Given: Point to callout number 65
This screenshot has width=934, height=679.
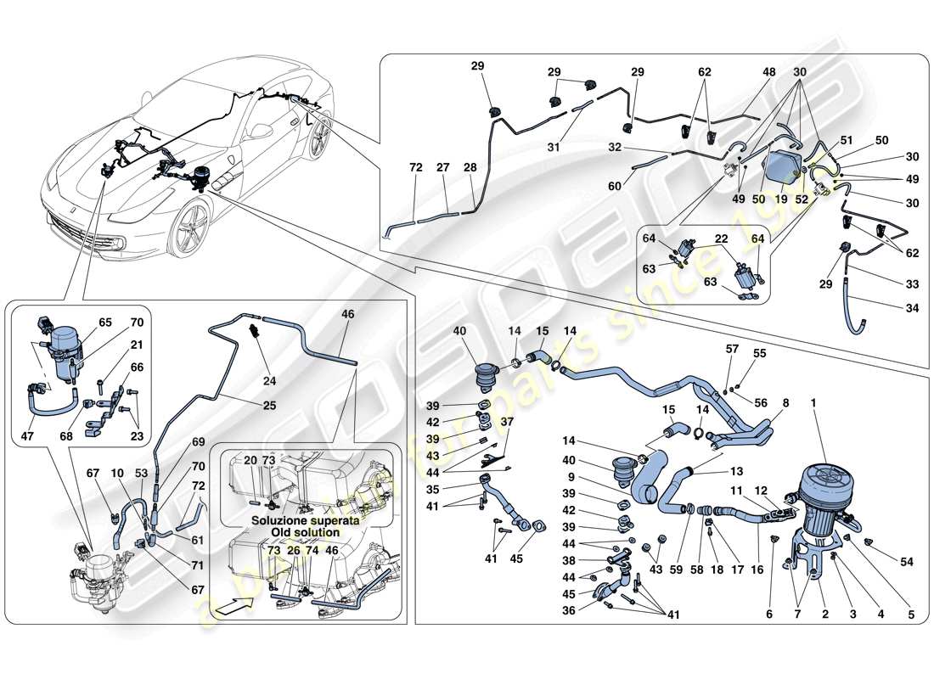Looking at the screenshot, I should (104, 323).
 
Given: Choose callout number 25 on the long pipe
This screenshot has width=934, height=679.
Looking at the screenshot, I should (269, 405).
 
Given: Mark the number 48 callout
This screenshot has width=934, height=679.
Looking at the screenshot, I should (769, 72).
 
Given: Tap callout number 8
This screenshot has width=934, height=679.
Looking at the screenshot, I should (784, 405).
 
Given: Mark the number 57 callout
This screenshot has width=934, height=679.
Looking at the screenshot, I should (733, 348).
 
